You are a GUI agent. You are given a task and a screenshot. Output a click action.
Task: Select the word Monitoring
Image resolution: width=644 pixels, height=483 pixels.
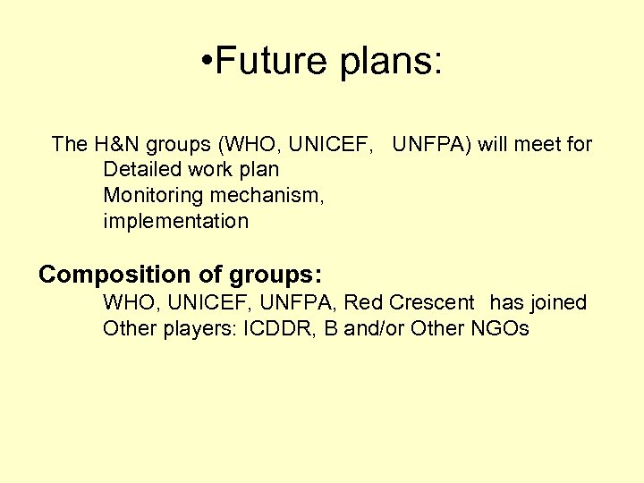point(148,195)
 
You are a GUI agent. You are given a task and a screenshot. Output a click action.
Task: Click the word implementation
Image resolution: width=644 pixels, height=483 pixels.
point(175,221)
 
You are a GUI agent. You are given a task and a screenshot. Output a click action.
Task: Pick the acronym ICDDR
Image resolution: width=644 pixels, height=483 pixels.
point(277,328)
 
